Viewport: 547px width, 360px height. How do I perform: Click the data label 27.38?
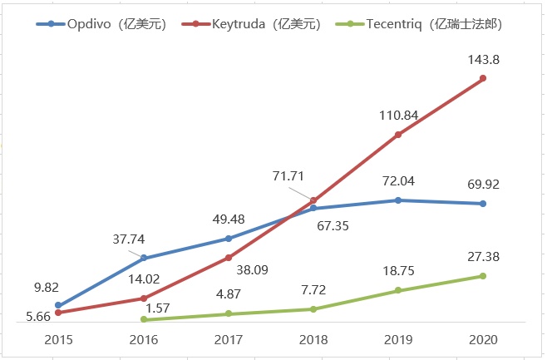tap(483, 257)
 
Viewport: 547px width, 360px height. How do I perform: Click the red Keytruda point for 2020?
tap(483, 78)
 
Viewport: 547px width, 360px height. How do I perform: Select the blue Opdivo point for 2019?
tap(398, 200)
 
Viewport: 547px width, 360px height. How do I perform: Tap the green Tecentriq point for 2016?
tap(144, 319)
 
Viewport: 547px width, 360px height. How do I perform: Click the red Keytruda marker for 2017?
tap(228, 258)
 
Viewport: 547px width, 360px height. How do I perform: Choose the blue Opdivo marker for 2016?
tap(144, 258)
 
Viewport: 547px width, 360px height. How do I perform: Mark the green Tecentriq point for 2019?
tap(398, 290)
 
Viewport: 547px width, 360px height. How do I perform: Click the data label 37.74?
tap(130, 239)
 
